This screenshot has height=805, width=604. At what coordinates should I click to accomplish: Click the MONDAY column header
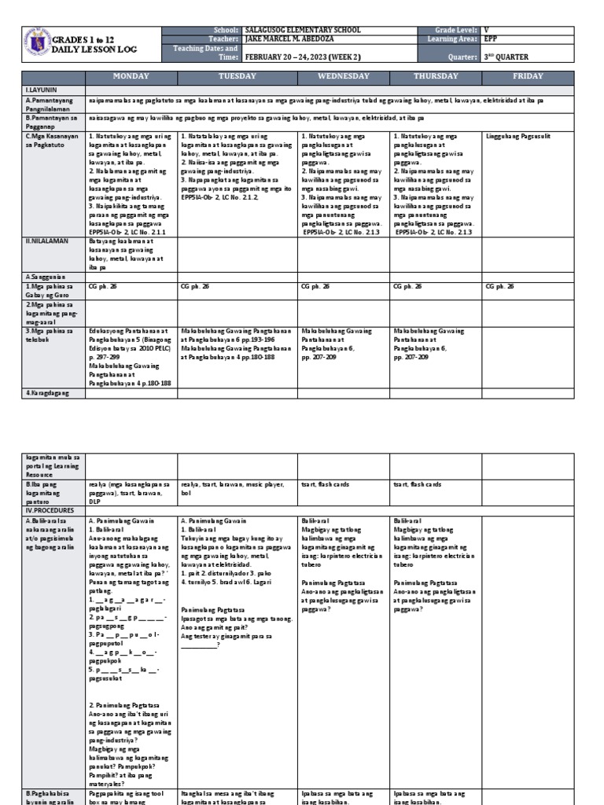[131, 76]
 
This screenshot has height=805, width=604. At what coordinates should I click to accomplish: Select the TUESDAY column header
[238, 76]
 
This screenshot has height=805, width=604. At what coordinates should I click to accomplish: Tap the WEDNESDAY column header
[344, 76]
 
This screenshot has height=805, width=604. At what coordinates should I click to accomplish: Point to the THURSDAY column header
[436, 76]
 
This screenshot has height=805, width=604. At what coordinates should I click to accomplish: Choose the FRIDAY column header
[528, 76]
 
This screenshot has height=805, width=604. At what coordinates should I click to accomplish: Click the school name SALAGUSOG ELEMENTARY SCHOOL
[304, 30]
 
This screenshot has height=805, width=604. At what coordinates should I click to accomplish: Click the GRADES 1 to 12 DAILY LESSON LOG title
[87, 44]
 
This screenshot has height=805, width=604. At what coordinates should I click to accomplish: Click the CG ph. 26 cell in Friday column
[500, 287]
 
